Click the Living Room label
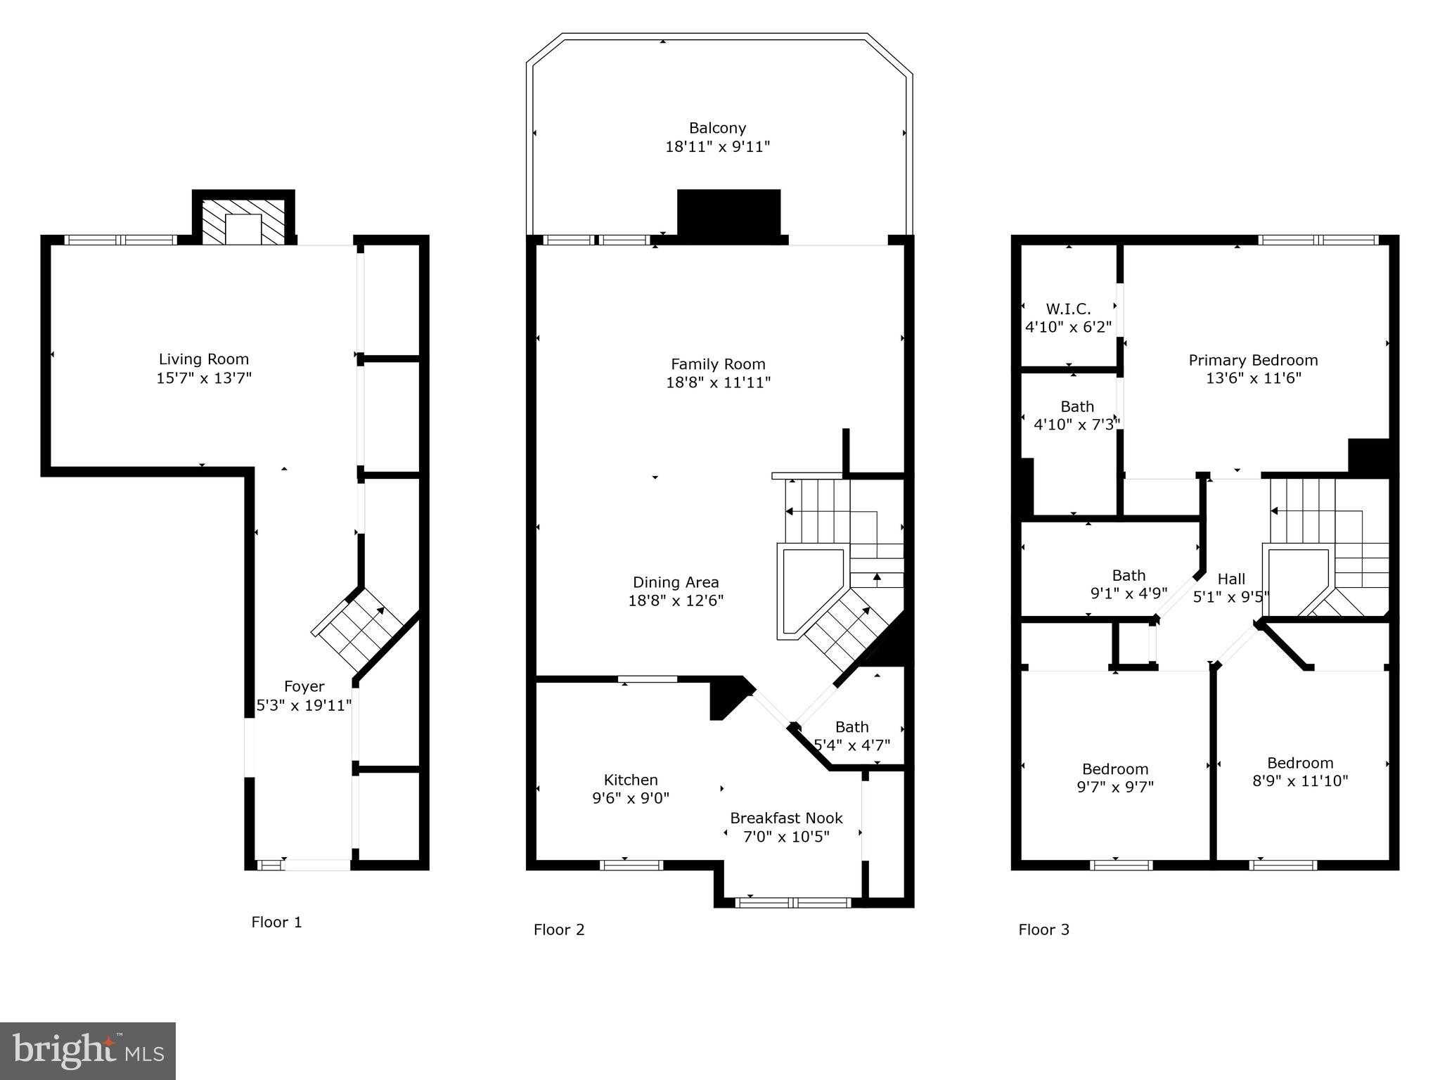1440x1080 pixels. (x=203, y=359)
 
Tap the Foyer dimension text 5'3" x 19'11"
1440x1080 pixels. (x=304, y=705)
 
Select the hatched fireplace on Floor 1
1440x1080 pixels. (x=243, y=221)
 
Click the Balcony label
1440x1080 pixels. (x=717, y=128)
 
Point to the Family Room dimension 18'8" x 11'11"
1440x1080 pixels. (x=718, y=382)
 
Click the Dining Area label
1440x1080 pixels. (x=676, y=582)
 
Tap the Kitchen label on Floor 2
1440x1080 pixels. (x=631, y=780)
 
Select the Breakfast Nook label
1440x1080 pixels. (x=786, y=818)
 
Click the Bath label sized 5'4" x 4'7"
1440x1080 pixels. (x=851, y=727)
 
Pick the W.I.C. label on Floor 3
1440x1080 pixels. (x=1068, y=309)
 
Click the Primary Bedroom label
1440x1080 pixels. (x=1253, y=360)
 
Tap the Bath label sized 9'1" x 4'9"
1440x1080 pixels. (x=1129, y=575)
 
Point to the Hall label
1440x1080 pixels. (x=1231, y=579)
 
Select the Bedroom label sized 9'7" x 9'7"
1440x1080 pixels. (x=1115, y=769)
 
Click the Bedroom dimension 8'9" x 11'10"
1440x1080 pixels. (x=1300, y=780)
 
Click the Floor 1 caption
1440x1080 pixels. (x=276, y=922)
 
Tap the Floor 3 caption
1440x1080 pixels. (x=1043, y=930)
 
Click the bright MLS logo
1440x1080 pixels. (x=88, y=1051)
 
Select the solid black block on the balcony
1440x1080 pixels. (x=728, y=213)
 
